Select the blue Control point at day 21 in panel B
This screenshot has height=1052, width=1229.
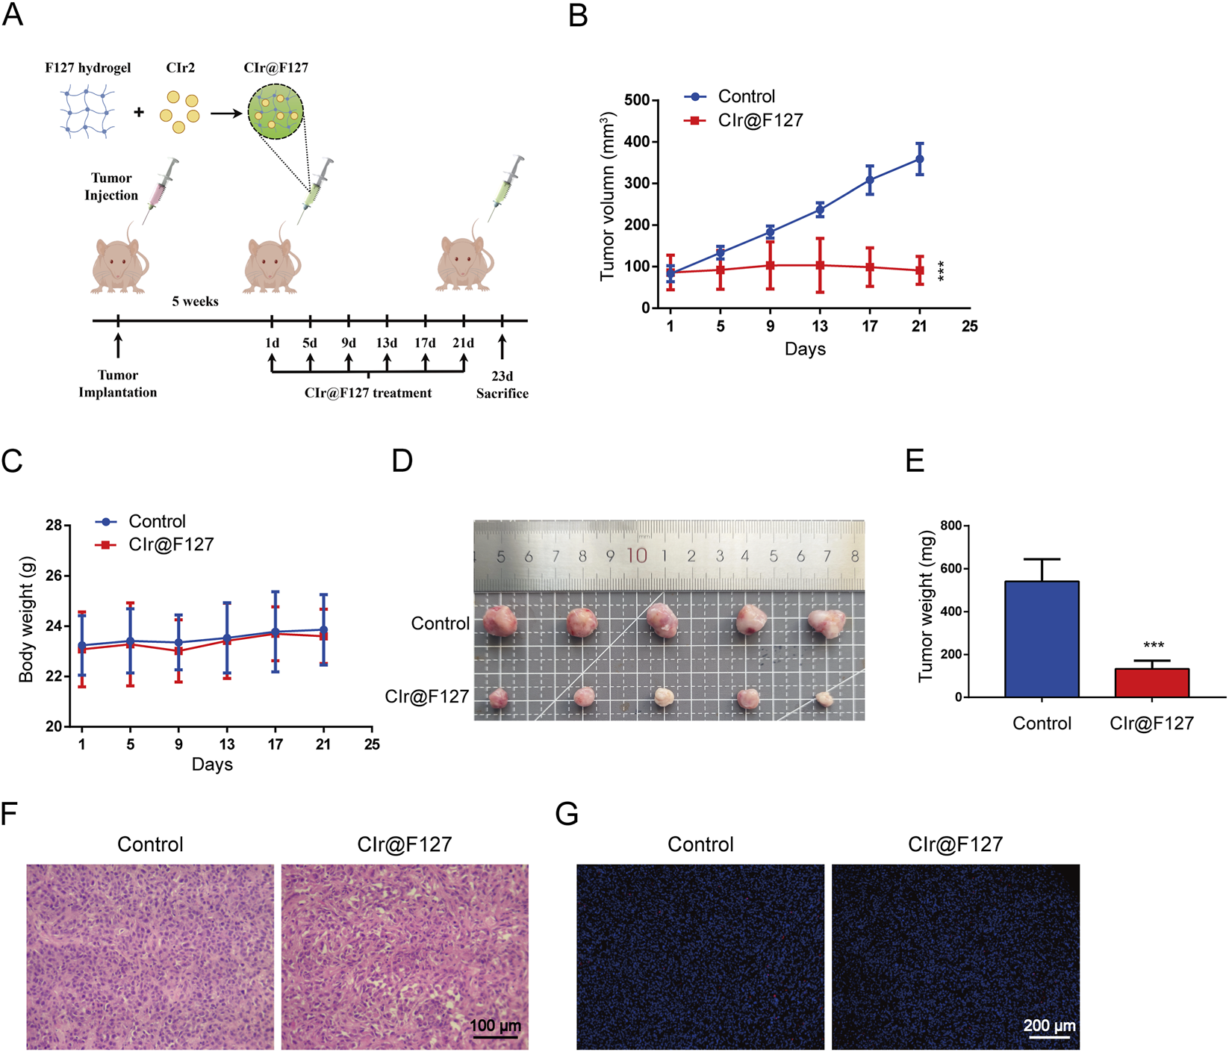[x=919, y=159]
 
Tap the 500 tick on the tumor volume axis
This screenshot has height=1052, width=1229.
[x=637, y=100]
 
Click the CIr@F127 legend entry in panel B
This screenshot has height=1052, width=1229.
[x=759, y=120]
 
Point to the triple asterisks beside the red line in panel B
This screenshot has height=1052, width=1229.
[x=941, y=270]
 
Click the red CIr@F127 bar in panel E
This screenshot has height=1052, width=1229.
[x=1151, y=682]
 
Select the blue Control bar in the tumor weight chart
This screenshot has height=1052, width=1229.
[x=1042, y=639]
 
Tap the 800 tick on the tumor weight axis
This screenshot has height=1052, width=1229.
[x=950, y=526]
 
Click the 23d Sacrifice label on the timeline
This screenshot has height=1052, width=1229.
[x=502, y=385]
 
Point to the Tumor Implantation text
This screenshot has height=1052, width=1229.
[x=118, y=384]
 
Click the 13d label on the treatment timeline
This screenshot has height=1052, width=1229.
[x=387, y=343]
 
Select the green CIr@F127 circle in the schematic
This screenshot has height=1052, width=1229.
[x=276, y=112]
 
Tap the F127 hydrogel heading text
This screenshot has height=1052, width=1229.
[x=87, y=68]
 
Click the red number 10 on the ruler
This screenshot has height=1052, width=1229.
[x=637, y=555]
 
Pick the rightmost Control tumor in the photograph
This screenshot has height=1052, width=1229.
[x=827, y=623]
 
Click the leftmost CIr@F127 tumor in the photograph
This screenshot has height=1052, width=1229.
[x=498, y=699]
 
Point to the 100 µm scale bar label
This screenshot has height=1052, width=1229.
[x=495, y=1026]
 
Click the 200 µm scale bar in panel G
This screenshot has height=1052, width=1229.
[x=1049, y=1036]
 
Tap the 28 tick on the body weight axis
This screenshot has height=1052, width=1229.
[x=53, y=526]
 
